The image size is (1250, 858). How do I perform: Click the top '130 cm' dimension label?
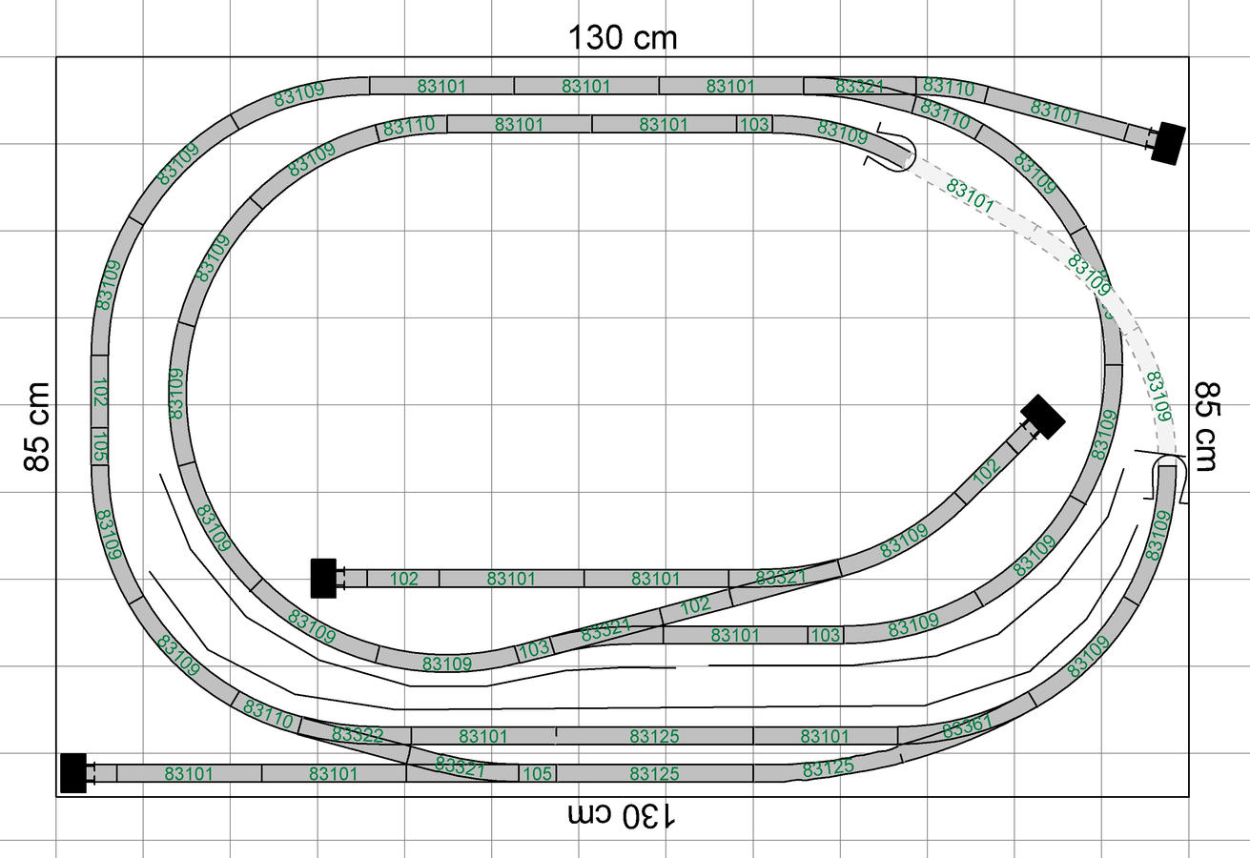tap(623, 38)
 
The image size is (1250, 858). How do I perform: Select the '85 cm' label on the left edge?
tap(37, 427)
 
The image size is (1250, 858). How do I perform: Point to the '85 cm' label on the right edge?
tap(1206, 427)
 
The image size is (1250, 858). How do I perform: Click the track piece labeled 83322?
tap(358, 735)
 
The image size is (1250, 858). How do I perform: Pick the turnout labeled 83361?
tap(966, 729)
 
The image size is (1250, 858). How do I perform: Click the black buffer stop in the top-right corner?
tap(1167, 143)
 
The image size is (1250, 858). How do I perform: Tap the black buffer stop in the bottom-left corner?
tap(73, 773)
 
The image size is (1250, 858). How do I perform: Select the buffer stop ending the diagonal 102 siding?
tap(1042, 417)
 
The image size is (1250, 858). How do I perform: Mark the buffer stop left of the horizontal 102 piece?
tap(323, 578)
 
